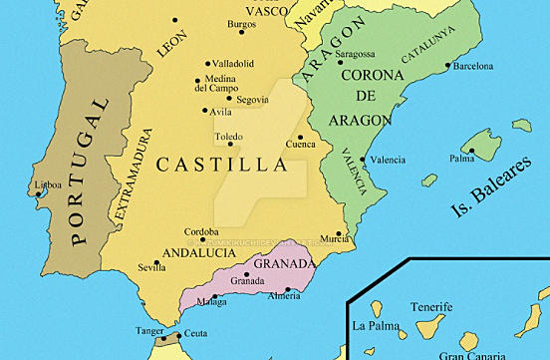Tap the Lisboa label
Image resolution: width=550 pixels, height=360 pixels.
[x=48, y=184]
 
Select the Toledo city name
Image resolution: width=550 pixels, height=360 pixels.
[x=228, y=137]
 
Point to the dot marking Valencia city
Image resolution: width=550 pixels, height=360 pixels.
[x=362, y=160]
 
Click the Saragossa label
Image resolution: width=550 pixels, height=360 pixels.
[x=356, y=54]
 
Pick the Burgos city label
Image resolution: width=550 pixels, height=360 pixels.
[x=241, y=24]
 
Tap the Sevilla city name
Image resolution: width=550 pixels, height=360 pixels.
[x=151, y=267]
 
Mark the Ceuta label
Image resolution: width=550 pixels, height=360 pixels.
[x=195, y=332]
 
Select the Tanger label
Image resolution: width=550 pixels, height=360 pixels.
[x=149, y=330]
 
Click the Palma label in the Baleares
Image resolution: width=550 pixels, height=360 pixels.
[x=461, y=158]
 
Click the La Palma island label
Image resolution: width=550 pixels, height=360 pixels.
[x=376, y=325]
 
